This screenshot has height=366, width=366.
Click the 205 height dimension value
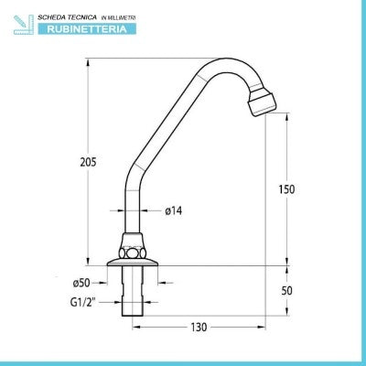pyautogui.click(x=88, y=162)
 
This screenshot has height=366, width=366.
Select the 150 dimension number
pyautogui.click(x=286, y=189)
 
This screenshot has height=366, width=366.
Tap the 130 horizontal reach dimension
pyautogui.click(x=199, y=328)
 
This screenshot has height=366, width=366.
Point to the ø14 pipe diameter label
pyautogui.click(x=174, y=210)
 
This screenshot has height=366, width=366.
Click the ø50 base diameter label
pyautogui.click(x=81, y=283)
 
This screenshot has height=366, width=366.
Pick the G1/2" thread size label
pyautogui.click(x=83, y=303)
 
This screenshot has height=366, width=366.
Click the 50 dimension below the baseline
pyautogui.click(x=286, y=291)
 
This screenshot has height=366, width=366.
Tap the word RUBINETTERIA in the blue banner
pyautogui.click(x=87, y=29)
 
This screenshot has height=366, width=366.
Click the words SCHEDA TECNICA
pyautogui.click(x=67, y=17)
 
